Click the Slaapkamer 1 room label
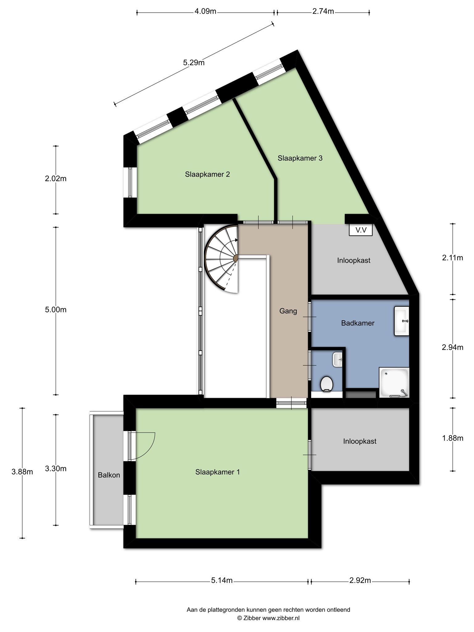(218, 472)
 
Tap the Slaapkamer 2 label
(207, 174)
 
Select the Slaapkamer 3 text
(300, 158)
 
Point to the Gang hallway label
(288, 311)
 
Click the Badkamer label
(358, 323)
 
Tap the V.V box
(361, 230)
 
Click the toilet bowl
(326, 384)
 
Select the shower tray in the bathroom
(394, 382)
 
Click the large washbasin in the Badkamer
(402, 321)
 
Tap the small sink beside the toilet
(338, 360)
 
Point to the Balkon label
(109, 475)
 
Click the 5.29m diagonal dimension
(194, 63)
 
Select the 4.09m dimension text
(205, 12)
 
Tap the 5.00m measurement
(56, 310)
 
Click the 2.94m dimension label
(453, 347)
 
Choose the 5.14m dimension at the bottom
(222, 581)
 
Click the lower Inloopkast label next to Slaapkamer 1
(360, 441)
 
